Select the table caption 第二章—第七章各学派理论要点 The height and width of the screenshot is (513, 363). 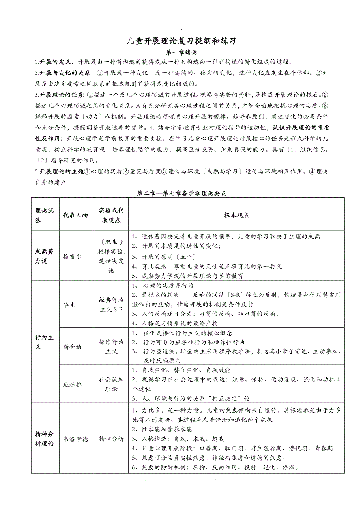click(181, 193)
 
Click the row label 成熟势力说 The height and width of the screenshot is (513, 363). click(45, 256)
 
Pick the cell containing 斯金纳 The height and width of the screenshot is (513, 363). click(72, 347)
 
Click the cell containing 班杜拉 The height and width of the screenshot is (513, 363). click(72, 384)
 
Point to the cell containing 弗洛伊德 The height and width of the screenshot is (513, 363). click(75, 439)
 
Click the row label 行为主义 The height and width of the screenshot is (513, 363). click(45, 342)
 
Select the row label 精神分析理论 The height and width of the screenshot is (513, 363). click(45, 439)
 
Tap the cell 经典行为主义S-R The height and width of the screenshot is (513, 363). click(111, 305)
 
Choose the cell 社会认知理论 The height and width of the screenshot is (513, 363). click(111, 384)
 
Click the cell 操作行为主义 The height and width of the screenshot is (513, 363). click(111, 347)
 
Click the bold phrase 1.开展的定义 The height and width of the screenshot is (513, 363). click(53, 62)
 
